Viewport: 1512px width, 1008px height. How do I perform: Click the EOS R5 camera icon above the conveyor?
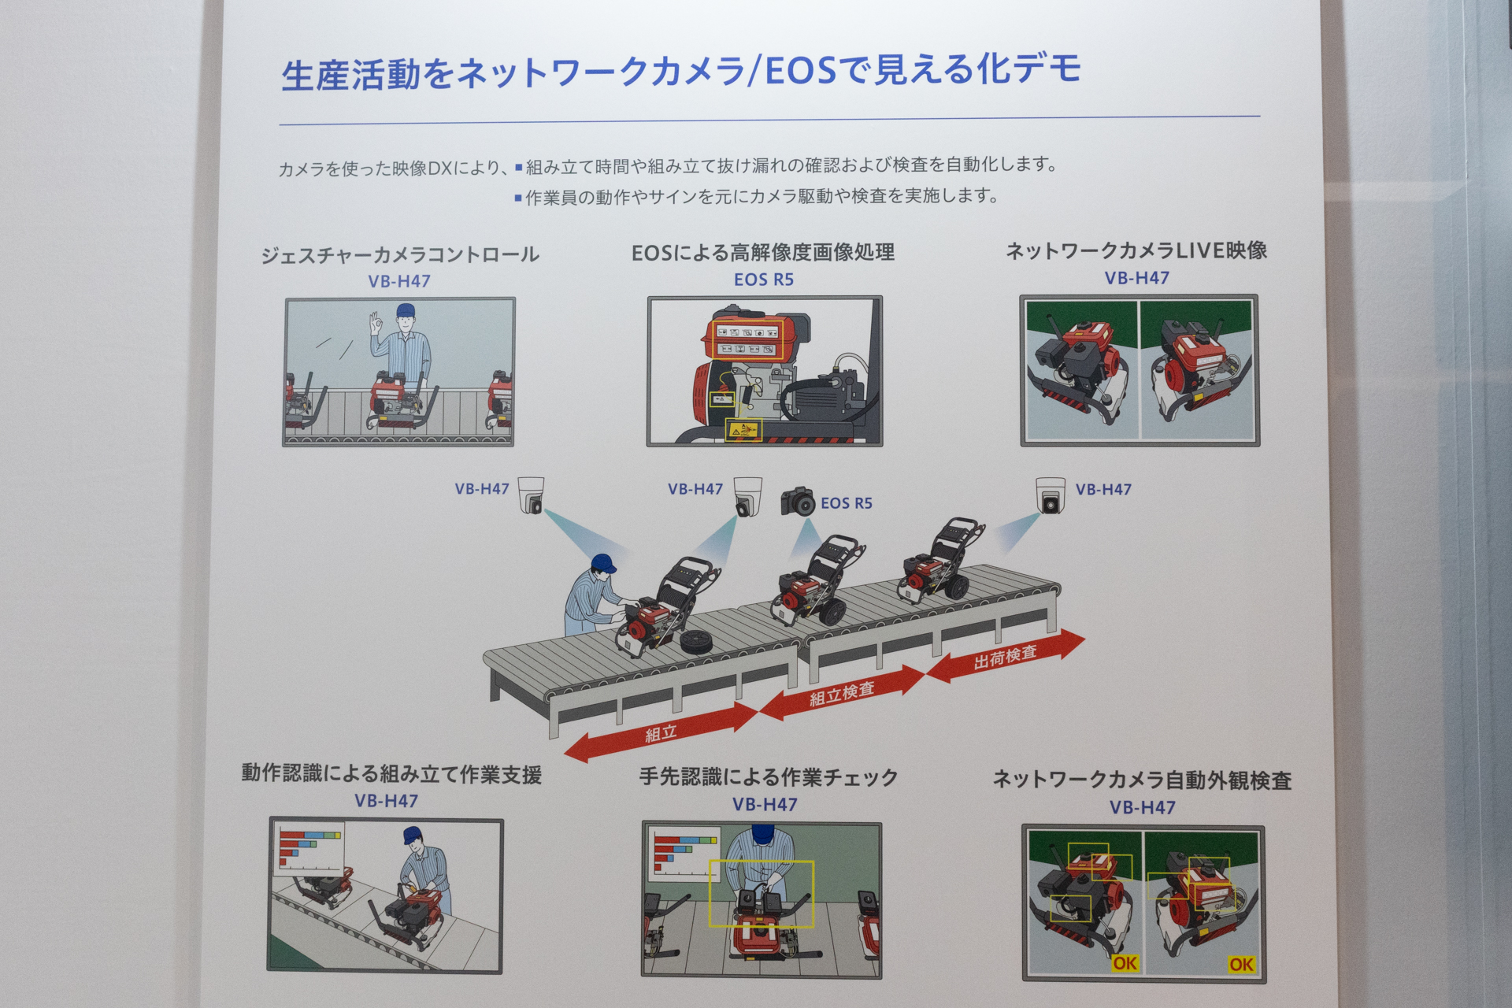click(798, 502)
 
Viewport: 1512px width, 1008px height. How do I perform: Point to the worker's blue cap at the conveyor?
click(604, 563)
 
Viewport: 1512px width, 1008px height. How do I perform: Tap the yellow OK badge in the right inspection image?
click(1241, 964)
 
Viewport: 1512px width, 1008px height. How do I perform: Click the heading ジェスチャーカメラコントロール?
click(400, 255)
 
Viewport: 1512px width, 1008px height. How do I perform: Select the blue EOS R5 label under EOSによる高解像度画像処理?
click(763, 280)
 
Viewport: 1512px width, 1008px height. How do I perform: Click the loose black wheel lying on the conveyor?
click(696, 642)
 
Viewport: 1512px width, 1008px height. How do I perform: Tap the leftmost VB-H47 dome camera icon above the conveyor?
click(532, 495)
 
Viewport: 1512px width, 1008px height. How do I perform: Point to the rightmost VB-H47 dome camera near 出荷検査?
click(1050, 495)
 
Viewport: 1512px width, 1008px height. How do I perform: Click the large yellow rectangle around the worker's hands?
click(761, 893)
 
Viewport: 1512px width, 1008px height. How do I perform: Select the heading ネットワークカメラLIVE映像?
click(1136, 251)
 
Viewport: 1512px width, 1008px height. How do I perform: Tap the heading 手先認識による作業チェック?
click(768, 777)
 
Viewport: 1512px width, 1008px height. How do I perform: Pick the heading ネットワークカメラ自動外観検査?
click(1142, 780)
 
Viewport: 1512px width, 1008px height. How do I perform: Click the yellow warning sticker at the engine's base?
click(743, 430)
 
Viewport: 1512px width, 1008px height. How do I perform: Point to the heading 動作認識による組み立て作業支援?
click(391, 774)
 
